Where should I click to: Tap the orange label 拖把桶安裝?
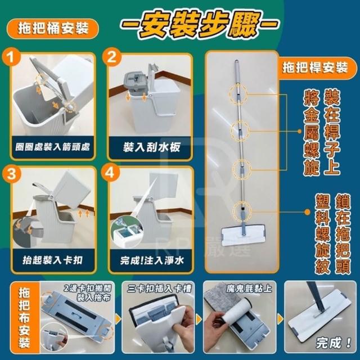[x=53, y=29]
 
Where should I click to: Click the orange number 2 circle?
[x=112, y=57]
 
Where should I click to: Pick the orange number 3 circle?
[x=11, y=174]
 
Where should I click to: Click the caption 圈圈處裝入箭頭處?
[x=52, y=147]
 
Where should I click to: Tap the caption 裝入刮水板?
[x=151, y=147]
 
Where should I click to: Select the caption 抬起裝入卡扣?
[x=52, y=260]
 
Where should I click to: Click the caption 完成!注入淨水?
[x=152, y=260]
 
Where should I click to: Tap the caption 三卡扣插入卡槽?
[x=159, y=289]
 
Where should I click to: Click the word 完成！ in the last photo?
[x=334, y=343]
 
